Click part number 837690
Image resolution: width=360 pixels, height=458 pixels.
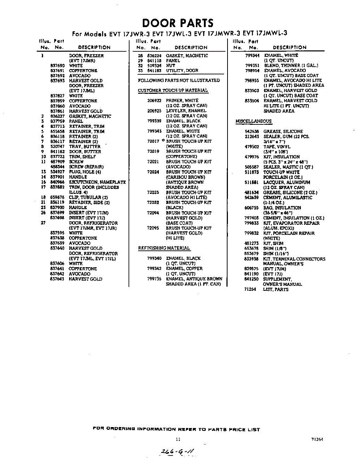tap(58, 66)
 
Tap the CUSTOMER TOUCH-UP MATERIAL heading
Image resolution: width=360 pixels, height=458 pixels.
tap(173, 90)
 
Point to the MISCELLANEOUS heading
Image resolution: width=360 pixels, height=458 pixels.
tap(253, 121)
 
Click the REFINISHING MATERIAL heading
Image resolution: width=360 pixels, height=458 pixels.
tap(164, 248)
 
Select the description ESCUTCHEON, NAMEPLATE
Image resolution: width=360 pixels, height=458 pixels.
tap(97, 182)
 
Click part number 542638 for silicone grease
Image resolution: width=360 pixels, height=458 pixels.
tap(252, 131)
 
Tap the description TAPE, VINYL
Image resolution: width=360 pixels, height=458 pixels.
tap(276, 147)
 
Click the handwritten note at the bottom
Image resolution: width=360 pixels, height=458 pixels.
tap(178, 452)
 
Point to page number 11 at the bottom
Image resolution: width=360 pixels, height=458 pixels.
tap(178, 439)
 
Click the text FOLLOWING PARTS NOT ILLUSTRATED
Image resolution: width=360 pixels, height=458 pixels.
tap(179, 81)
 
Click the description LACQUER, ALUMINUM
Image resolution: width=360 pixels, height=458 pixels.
tap(287, 182)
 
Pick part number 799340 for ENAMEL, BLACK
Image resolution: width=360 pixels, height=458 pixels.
tap(154, 258)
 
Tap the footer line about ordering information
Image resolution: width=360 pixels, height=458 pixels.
tap(176, 429)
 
